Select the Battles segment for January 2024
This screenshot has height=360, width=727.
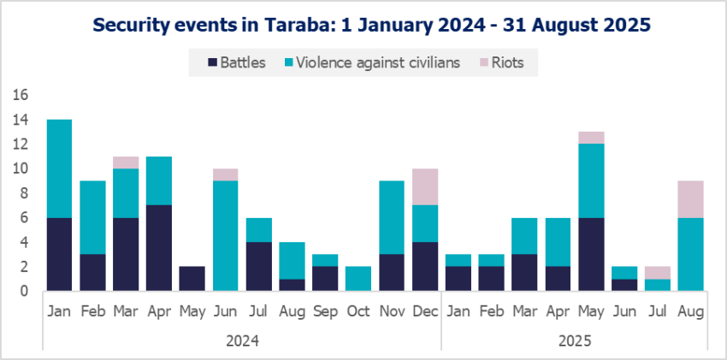pyautogui.click(x=59, y=254)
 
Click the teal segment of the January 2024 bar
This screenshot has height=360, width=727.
pyautogui.click(x=59, y=168)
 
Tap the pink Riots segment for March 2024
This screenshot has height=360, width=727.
pyautogui.click(x=127, y=162)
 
